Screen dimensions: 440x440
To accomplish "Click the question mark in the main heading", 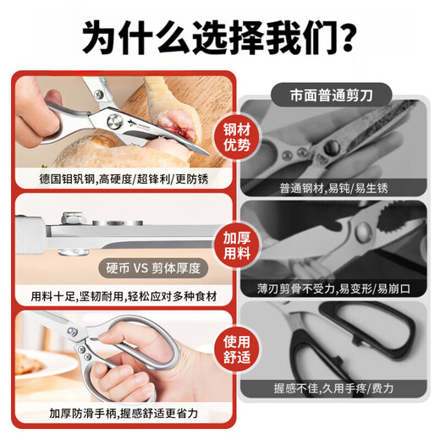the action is coord(344,36).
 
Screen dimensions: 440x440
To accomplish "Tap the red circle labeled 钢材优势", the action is coord(237,137).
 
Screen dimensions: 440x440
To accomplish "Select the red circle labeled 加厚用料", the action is coord(237,245).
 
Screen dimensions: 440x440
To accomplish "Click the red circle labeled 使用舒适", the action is coord(237,349).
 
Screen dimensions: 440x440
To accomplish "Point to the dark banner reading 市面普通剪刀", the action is coord(332,95).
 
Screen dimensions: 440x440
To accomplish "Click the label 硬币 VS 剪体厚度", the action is coord(153,268).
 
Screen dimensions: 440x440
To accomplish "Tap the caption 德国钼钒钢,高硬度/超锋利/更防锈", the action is coord(124,179).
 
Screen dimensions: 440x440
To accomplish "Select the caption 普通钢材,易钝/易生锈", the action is coord(333,188).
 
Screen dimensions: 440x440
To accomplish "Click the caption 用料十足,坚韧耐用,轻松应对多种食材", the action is coord(124,296).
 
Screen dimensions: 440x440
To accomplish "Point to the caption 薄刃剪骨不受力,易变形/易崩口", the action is coord(333,289).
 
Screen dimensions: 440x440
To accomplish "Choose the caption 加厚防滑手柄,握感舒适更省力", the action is coord(124,414).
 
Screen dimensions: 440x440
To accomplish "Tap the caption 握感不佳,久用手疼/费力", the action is coord(333,388).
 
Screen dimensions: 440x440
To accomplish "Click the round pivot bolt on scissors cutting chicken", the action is coord(115,122).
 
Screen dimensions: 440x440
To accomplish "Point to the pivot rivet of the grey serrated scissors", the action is coord(363,231).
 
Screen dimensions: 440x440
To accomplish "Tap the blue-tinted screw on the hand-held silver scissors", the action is coord(72,332).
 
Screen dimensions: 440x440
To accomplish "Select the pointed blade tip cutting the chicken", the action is coord(208,154).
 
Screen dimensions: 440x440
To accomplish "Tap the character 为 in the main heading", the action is coord(99,37).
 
